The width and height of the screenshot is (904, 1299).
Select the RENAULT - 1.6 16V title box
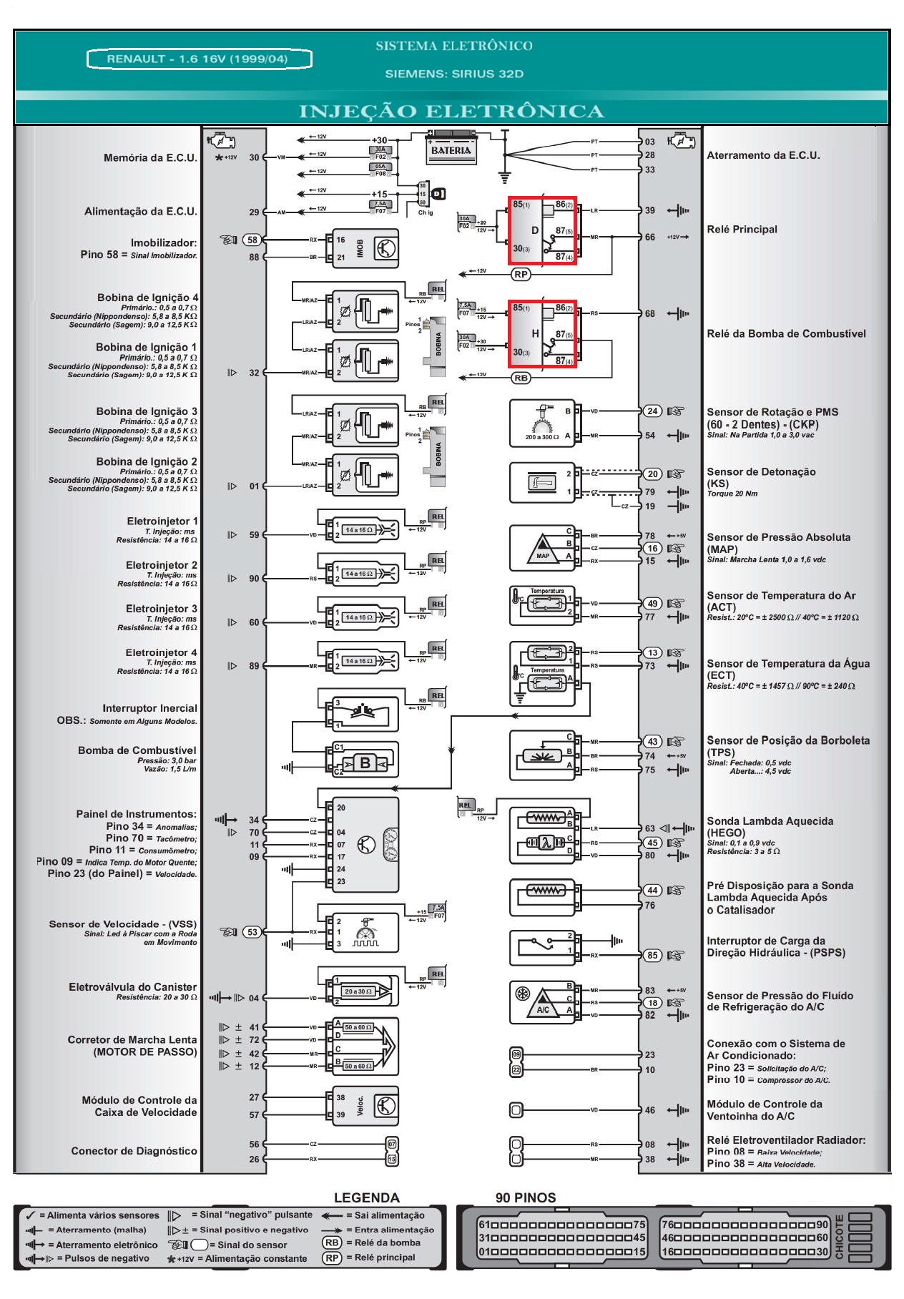click(x=199, y=59)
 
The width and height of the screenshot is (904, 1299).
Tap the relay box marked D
click(x=542, y=231)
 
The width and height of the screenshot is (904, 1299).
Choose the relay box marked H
click(x=542, y=334)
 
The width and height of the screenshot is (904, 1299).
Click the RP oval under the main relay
click(x=521, y=275)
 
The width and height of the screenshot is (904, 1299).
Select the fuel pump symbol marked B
click(x=365, y=763)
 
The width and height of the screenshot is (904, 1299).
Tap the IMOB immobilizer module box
click(x=365, y=248)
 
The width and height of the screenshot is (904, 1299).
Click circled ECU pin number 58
click(x=252, y=240)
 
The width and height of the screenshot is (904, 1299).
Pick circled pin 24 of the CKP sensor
click(x=652, y=411)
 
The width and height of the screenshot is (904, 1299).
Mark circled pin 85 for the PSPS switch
click(x=652, y=955)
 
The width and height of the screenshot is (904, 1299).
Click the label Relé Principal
click(x=742, y=230)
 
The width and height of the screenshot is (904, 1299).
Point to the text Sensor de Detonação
click(x=761, y=472)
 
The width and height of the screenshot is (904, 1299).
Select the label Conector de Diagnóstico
click(x=134, y=1151)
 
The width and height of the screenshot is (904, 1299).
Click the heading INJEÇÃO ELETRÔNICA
click(x=451, y=112)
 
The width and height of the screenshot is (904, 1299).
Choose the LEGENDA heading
click(x=366, y=1197)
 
